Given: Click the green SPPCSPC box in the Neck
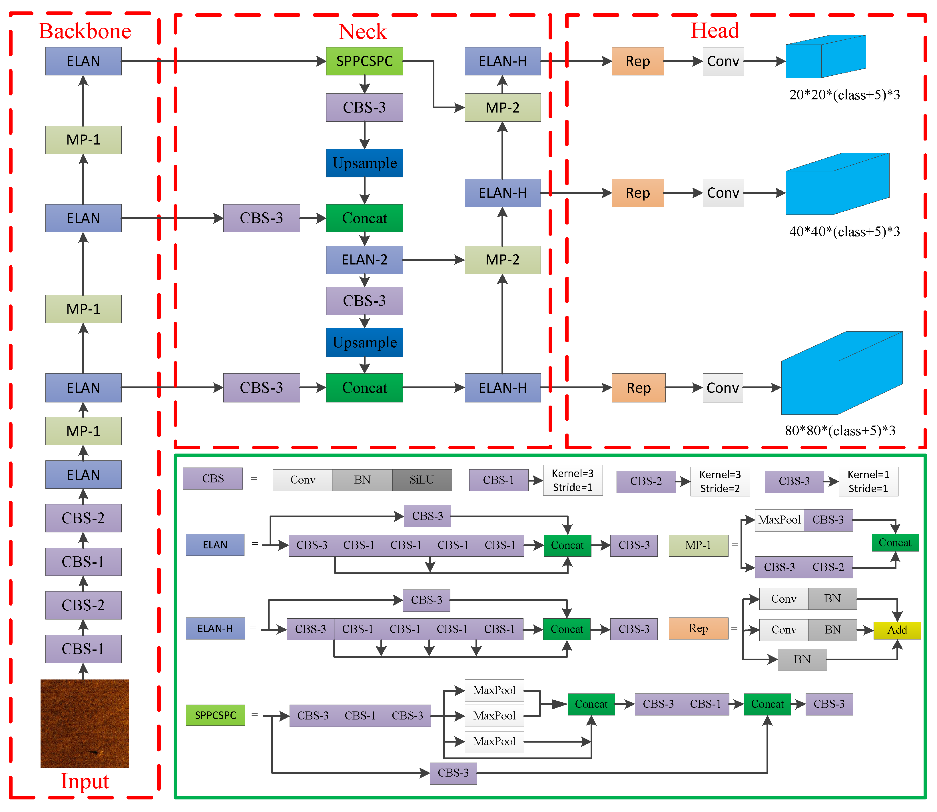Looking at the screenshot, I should tap(364, 61).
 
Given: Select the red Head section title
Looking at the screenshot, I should tap(715, 31).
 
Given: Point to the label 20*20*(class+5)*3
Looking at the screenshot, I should tap(844, 95).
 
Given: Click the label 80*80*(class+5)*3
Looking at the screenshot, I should tap(840, 430).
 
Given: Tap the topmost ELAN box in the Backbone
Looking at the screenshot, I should tap(83, 61).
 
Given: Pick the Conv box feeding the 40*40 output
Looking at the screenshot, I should tap(723, 193).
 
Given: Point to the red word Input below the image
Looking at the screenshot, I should tap(85, 781).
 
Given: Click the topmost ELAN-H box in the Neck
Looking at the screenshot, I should tap(502, 61).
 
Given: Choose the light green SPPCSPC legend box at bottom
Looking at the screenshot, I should tap(215, 715).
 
